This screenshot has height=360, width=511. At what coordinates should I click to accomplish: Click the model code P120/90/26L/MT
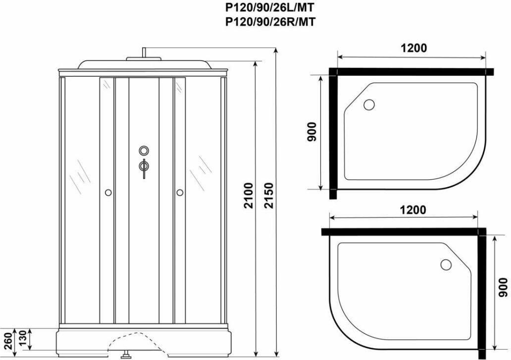coord(270,7)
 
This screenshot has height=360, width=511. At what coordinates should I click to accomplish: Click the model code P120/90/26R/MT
coord(270,21)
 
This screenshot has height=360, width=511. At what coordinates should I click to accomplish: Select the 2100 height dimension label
coord(249,196)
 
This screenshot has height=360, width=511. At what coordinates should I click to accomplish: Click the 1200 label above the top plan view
coord(413,48)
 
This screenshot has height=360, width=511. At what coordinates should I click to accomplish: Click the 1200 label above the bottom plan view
coord(413,210)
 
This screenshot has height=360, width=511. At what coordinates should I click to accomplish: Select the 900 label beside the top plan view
coord(312,132)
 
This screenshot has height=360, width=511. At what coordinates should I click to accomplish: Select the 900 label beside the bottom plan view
coord(504,287)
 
